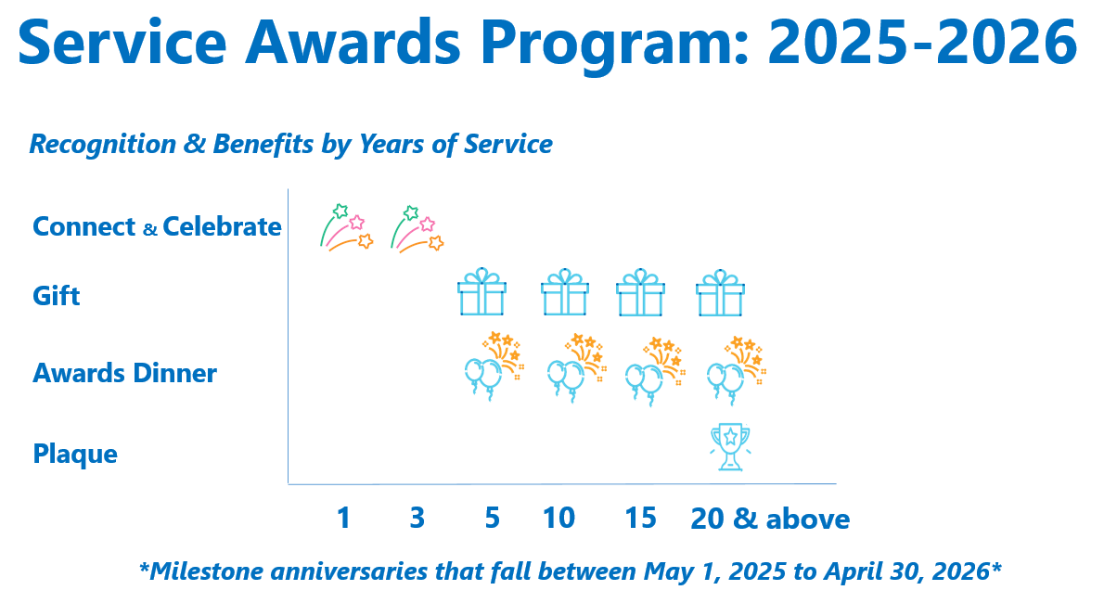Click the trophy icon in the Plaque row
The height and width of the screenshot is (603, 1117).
click(730, 447)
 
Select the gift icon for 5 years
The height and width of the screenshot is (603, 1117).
click(481, 293)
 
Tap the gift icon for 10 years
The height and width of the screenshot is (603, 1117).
click(565, 293)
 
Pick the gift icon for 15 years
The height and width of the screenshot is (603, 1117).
click(640, 293)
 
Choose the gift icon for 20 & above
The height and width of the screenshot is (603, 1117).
click(721, 293)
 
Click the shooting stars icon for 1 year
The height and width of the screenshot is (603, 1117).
click(346, 227)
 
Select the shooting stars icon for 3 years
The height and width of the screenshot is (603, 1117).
click(417, 228)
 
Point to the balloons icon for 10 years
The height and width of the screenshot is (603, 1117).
click(575, 367)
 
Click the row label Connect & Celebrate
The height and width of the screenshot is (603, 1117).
click(157, 226)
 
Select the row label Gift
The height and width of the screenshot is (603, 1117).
click(57, 296)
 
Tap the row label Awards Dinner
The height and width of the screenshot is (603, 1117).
click(124, 373)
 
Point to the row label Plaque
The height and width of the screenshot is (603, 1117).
click(75, 455)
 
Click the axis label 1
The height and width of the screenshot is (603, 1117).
click(344, 518)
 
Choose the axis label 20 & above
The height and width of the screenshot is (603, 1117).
click(769, 519)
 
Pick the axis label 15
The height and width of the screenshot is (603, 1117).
click(640, 518)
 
